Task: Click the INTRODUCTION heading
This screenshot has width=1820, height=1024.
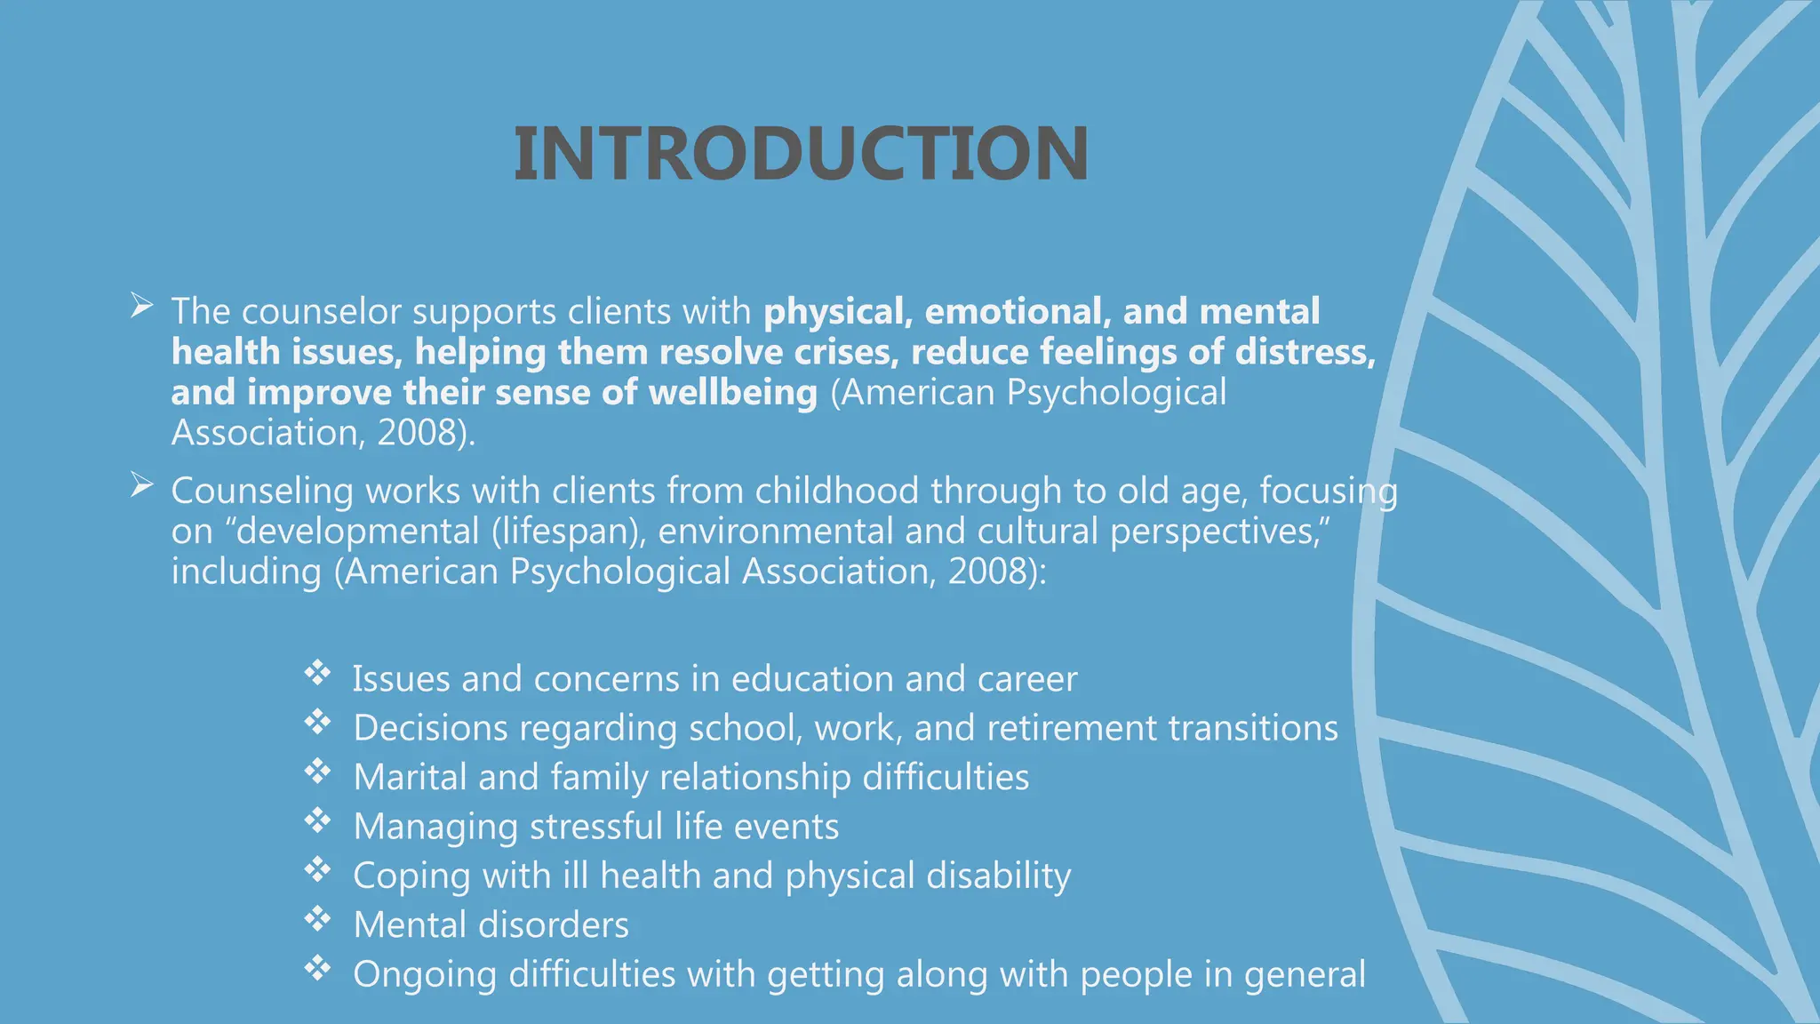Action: pyautogui.click(x=801, y=154)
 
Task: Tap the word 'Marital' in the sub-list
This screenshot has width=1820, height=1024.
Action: pyautogui.click(x=410, y=778)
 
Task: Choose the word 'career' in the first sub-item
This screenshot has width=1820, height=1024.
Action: pyautogui.click(x=1027, y=680)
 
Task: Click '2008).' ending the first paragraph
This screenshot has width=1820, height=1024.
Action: pyautogui.click(x=426, y=434)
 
